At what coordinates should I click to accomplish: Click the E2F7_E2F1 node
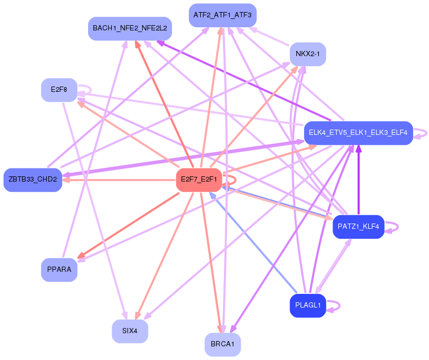199,179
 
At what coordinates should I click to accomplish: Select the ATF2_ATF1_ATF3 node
222,15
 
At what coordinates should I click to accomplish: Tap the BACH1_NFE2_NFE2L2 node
130,28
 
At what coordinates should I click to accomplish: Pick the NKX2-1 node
308,54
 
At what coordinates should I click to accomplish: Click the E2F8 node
59,90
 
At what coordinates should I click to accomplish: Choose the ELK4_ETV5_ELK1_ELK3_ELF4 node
358,133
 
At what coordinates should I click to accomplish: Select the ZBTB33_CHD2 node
33,179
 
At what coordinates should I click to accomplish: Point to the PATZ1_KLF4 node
359,227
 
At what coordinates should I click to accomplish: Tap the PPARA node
59,270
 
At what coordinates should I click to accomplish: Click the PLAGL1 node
308,305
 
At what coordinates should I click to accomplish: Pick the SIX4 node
130,331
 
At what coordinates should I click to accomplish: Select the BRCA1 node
222,344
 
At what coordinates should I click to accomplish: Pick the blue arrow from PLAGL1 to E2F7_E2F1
252,241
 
